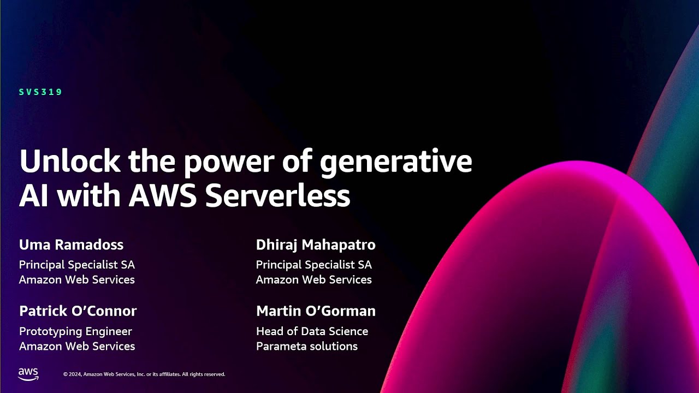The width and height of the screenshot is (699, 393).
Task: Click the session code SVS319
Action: [x=41, y=92]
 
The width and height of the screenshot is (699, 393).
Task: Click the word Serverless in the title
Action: [x=277, y=196]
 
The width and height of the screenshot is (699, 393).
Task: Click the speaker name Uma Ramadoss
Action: [x=71, y=245]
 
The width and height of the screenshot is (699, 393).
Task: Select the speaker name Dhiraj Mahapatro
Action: [x=316, y=245]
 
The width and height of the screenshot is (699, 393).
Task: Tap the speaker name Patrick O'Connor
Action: [x=78, y=311]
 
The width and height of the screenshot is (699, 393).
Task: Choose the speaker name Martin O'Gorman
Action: [x=316, y=311]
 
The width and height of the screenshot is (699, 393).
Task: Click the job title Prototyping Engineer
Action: [x=75, y=331]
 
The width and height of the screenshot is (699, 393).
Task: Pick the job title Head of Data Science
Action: [x=312, y=331]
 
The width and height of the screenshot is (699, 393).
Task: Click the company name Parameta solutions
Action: [x=306, y=346]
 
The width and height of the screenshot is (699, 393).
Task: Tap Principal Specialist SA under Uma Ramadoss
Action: [x=76, y=265]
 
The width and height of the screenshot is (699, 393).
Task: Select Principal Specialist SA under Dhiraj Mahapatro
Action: [x=313, y=265]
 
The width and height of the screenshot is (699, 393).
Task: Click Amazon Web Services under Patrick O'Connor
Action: [x=76, y=346]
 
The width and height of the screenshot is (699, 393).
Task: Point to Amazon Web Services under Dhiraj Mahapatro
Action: [x=313, y=279]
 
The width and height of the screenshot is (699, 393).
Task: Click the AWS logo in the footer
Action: [x=28, y=373]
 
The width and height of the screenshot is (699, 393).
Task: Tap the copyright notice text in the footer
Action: [x=144, y=374]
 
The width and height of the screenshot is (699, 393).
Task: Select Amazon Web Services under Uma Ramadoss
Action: [x=76, y=279]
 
